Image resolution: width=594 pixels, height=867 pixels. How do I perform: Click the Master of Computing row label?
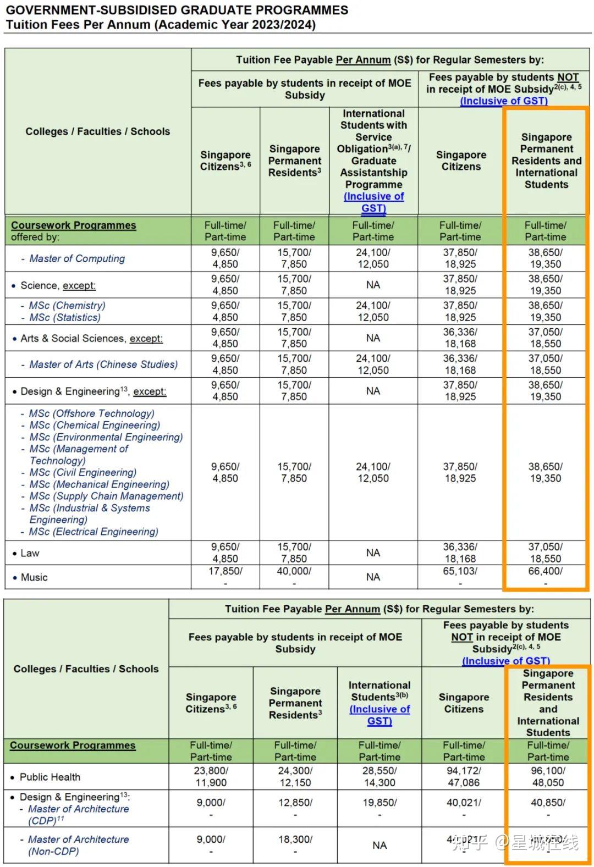(x=77, y=258)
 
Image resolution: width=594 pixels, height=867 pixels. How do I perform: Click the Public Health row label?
(x=50, y=777)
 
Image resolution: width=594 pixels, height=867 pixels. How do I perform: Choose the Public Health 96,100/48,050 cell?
(x=548, y=777)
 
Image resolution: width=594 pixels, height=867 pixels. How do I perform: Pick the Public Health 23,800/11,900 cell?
(x=211, y=777)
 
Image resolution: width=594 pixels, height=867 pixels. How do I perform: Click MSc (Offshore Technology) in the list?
(x=91, y=413)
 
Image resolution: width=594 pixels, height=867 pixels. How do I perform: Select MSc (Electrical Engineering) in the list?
(x=94, y=532)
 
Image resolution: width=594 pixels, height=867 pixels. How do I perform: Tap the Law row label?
(x=30, y=553)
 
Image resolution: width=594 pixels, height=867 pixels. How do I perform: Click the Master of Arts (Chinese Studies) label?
(x=103, y=365)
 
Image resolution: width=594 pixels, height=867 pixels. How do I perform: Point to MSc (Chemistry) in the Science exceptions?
(x=67, y=306)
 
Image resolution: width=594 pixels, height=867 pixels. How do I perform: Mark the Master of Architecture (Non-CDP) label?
(x=78, y=845)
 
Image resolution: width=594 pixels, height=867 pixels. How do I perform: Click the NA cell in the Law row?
(x=373, y=553)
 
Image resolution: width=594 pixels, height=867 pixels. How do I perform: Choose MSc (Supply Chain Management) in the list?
(x=106, y=496)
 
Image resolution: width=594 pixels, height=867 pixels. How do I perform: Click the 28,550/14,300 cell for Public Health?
(x=380, y=777)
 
